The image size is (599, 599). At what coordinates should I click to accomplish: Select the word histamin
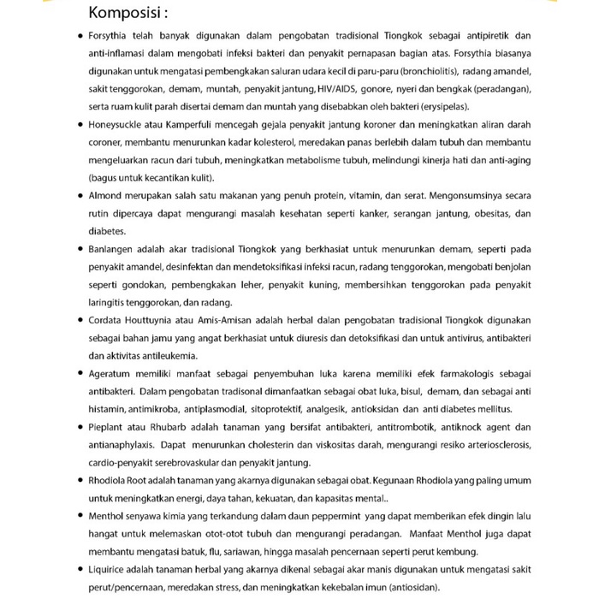[x=107, y=409]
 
